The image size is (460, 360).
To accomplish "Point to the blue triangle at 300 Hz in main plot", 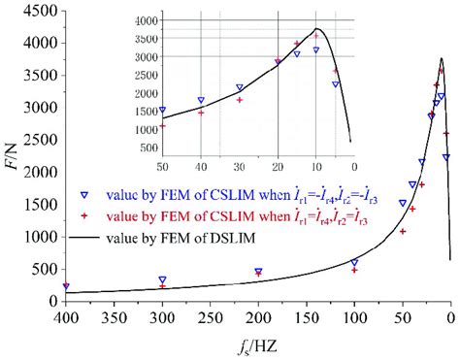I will click(163, 279).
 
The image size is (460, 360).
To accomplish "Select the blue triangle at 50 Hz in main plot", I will click(403, 204).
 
